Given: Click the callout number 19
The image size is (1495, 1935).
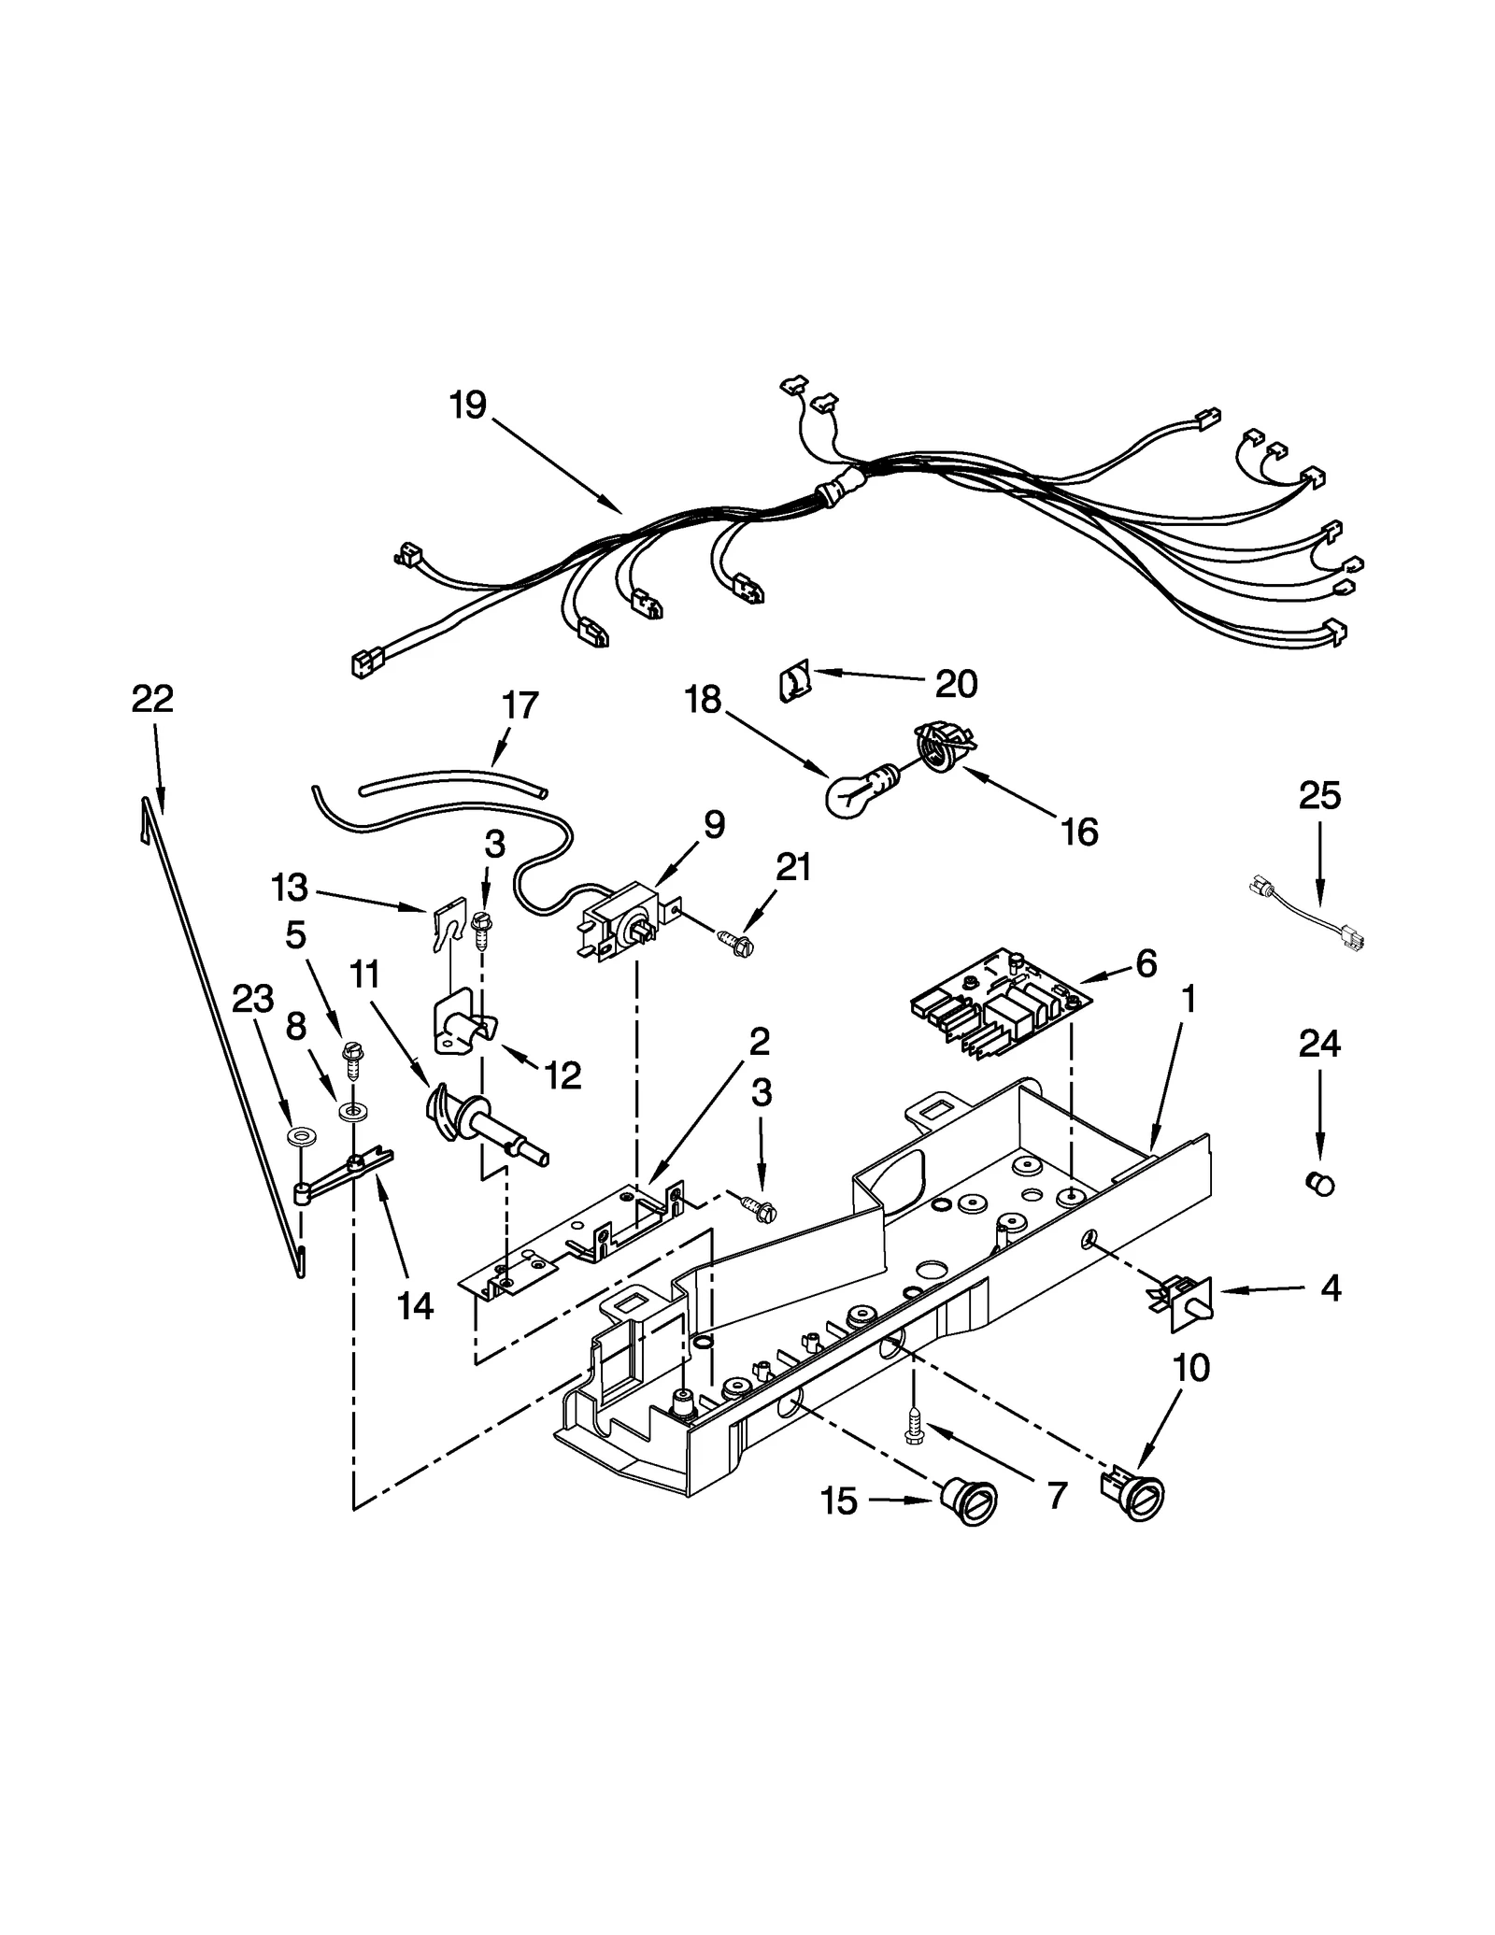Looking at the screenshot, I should [x=467, y=405].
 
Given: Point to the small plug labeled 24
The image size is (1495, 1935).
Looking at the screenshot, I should [x=1319, y=1184].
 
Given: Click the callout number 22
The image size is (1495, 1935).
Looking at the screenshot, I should [x=152, y=699].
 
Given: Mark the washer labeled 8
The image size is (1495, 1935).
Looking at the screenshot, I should [x=352, y=1112].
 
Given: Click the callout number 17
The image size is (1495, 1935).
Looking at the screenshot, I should [x=520, y=704].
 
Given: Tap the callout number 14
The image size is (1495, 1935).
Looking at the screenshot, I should [x=415, y=1305].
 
